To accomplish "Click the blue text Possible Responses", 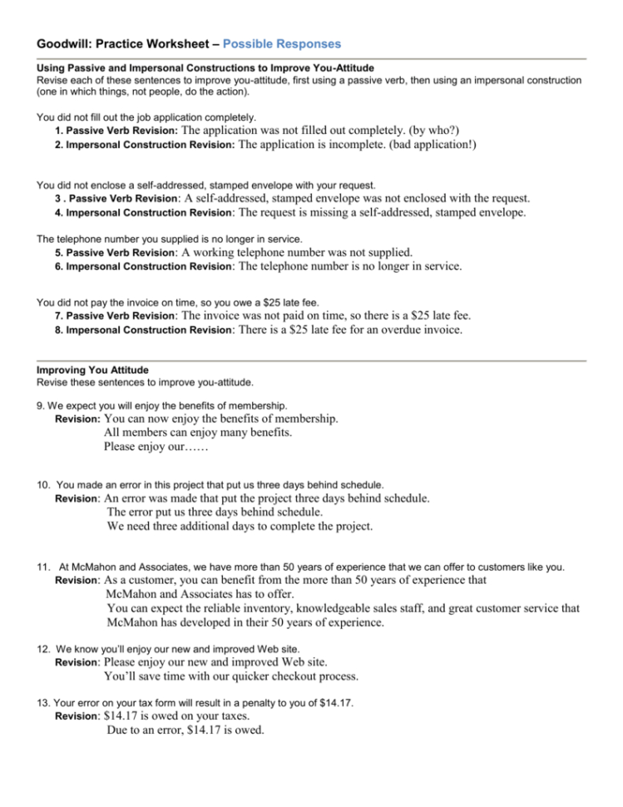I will [x=282, y=43].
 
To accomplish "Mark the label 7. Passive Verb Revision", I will [x=116, y=317].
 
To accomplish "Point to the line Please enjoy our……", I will [x=156, y=447].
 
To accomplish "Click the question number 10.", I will [x=44, y=484].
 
